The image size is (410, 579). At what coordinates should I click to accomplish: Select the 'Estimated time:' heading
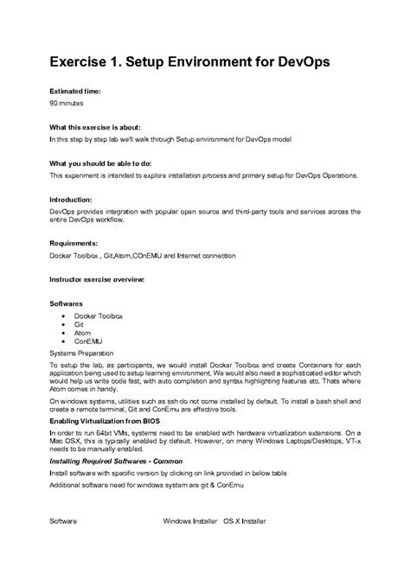[75, 90]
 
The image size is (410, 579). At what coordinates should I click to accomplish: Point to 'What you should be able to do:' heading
[100, 162]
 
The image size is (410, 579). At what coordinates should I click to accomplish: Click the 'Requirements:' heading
[76, 243]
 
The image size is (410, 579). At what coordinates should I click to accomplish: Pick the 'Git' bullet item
[79, 325]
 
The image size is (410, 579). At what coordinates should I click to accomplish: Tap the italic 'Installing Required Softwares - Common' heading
[121, 461]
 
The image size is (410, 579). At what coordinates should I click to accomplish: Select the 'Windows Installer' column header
[190, 522]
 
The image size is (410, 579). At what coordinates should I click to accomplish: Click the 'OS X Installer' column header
[245, 522]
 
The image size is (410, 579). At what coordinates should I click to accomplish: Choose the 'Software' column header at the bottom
[63, 522]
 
